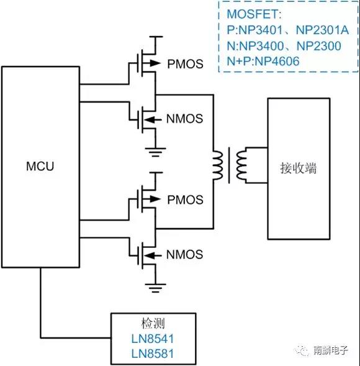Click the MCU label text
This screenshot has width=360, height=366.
coord(40,166)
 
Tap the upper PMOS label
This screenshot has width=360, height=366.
coord(185,64)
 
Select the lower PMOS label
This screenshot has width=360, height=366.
coord(185,199)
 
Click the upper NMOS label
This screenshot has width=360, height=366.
coord(184,118)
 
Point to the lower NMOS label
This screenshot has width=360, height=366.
coord(184,254)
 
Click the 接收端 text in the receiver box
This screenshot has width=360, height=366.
coord(299,168)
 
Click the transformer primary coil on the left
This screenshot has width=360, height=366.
coord(218,166)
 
